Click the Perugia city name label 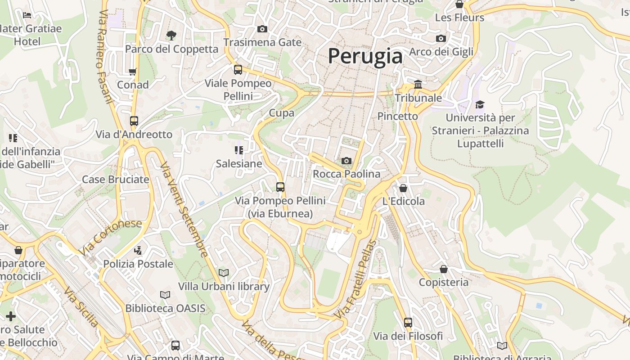point(365,56)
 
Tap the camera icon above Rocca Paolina point(346,161)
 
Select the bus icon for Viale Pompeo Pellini point(238,70)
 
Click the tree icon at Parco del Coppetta point(171,35)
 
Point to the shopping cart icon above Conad point(133,71)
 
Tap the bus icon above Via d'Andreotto point(134,121)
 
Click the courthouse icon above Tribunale point(418,84)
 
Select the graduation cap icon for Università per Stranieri point(480,104)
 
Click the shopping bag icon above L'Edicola point(403,188)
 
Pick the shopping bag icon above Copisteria point(444,269)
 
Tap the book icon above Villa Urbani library point(224,273)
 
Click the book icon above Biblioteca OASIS point(165,295)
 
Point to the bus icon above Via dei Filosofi point(408,322)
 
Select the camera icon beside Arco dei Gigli point(441,38)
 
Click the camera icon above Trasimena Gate point(262,29)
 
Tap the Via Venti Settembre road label point(184,210)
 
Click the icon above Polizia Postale point(138,250)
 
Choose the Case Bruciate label point(115,180)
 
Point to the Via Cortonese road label point(110,237)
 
